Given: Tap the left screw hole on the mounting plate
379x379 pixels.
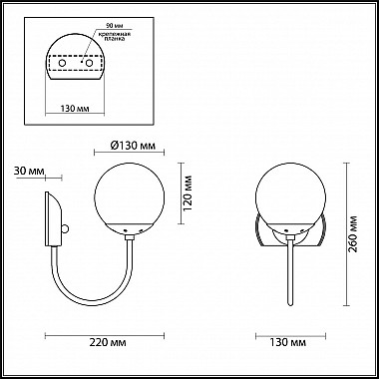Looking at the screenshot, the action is (62, 63).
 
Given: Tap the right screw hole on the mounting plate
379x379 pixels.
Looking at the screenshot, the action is (89, 63).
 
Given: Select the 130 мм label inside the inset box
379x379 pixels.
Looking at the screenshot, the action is (75, 109).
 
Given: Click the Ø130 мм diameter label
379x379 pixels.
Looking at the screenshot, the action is (133, 146).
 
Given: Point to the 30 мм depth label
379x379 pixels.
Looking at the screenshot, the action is (29, 171).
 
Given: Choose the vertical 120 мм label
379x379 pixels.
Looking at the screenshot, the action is (188, 194).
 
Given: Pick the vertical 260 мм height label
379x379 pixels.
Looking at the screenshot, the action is (353, 234).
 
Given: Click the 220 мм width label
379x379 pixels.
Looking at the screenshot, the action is (108, 342).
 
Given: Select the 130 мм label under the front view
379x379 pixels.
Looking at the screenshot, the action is (288, 342).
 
